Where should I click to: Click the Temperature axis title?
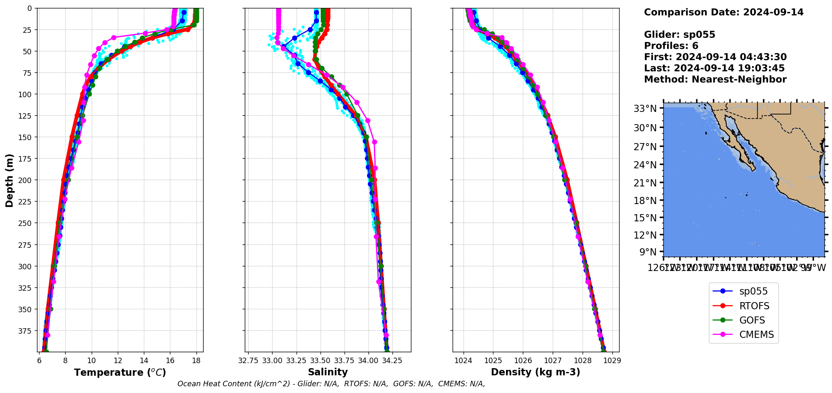pyautogui.click(x=120, y=372)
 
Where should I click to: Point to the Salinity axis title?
pyautogui.click(x=328, y=372)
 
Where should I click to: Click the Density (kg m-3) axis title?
pyautogui.click(x=535, y=372)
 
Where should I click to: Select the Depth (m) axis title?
pyautogui.click(x=9, y=180)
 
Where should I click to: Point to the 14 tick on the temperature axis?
pyautogui.click(x=144, y=361)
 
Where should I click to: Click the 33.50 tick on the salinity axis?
pyautogui.click(x=320, y=361)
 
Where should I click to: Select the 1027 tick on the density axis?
pyautogui.click(x=553, y=361)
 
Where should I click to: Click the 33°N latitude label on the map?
pyautogui.click(x=645, y=109)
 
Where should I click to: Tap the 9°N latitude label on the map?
pyautogui.click(x=648, y=252)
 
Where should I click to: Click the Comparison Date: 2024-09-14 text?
pyautogui.click(x=723, y=12)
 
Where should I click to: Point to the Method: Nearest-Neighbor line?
pyautogui.click(x=715, y=80)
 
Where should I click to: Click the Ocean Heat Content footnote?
pyautogui.click(x=331, y=384)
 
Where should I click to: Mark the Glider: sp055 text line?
pyautogui.click(x=679, y=35)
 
